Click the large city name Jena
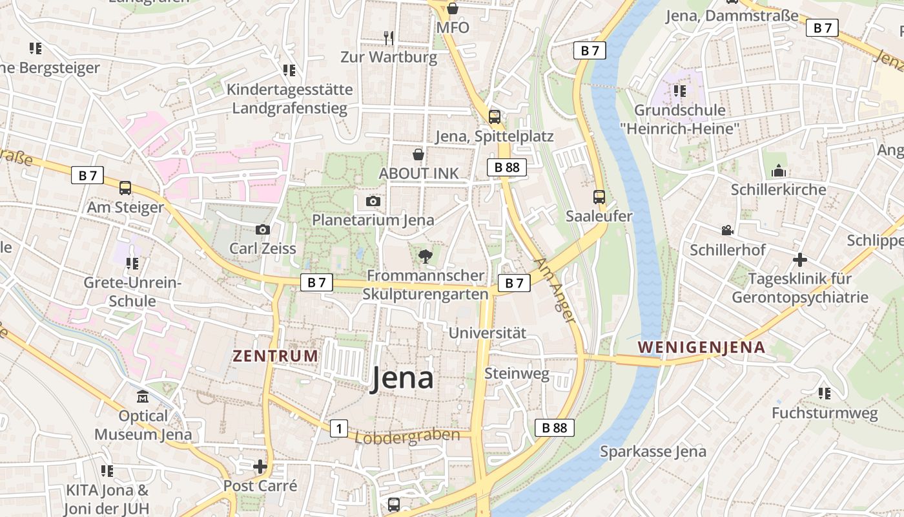click(402, 379)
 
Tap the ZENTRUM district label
click(276, 355)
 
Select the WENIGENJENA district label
click(701, 347)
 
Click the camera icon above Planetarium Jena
click(373, 202)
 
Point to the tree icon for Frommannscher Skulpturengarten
click(425, 257)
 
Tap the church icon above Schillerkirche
click(779, 171)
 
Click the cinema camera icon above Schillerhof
click(727, 231)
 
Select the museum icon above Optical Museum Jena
click(143, 396)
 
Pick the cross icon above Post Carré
click(260, 466)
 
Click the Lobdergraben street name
click(407, 436)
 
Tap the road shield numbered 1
click(339, 428)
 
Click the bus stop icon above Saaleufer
click(599, 197)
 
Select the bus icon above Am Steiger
click(125, 188)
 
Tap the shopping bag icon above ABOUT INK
click(418, 154)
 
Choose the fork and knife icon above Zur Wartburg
click(389, 38)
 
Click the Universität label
click(488, 333)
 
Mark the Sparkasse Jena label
click(653, 451)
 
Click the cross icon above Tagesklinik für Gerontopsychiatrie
click(800, 260)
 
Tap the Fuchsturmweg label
click(825, 413)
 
